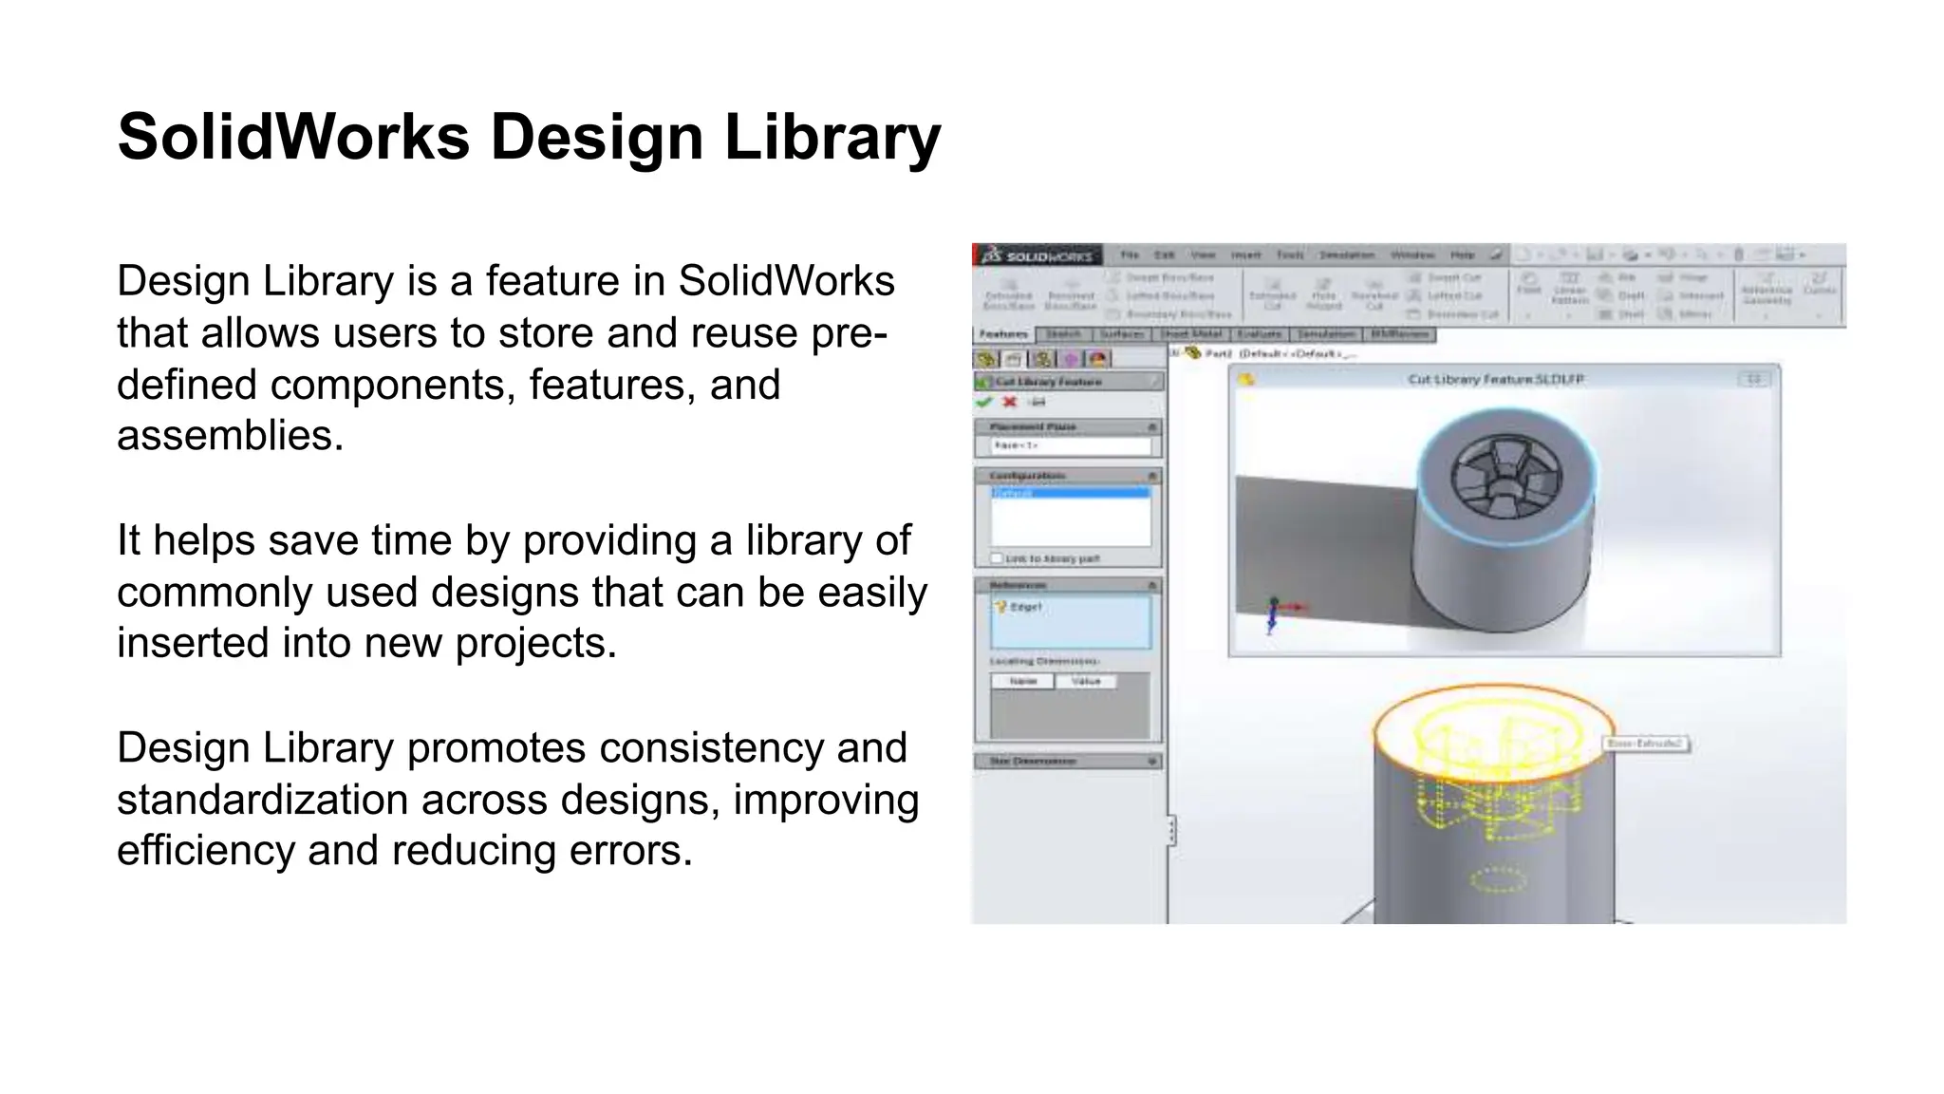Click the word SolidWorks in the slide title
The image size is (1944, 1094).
coord(293,138)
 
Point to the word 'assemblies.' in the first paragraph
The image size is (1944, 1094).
coord(230,436)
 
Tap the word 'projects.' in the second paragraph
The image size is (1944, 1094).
coord(536,643)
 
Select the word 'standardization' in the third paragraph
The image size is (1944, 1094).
coord(263,800)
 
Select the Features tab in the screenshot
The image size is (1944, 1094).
coord(1003,334)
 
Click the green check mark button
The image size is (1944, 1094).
coord(984,403)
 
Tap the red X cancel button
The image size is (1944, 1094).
coord(1010,403)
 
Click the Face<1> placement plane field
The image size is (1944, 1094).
coord(1070,445)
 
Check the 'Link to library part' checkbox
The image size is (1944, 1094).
coord(997,558)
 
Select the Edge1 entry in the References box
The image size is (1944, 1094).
coord(1025,607)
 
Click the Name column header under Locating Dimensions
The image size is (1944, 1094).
coord(1022,681)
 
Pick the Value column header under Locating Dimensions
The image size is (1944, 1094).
coord(1085,681)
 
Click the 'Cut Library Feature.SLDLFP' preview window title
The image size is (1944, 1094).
coord(1495,379)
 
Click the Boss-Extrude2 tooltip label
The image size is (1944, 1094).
coord(1646,744)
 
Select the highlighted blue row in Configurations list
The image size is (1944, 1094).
coord(1070,493)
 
